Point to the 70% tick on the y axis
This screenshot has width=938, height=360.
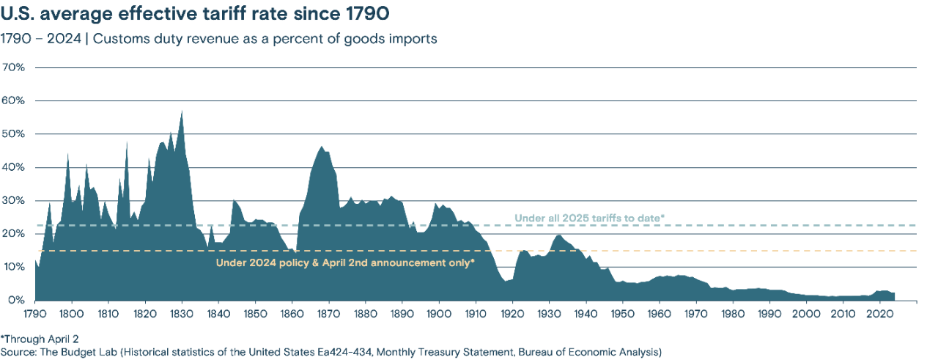click(x=15, y=67)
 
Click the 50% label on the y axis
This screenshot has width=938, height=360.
click(x=15, y=134)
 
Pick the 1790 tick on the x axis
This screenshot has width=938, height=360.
click(x=35, y=314)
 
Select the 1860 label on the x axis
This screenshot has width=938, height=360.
click(x=292, y=314)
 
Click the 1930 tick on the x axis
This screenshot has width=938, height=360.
click(x=549, y=314)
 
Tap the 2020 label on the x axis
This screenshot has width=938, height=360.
click(x=879, y=314)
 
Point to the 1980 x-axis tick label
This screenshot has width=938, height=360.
click(x=733, y=314)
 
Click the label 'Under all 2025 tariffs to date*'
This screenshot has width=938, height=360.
click(x=589, y=218)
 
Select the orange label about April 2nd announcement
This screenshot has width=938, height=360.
click(x=345, y=262)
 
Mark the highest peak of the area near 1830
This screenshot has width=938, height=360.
click(x=182, y=111)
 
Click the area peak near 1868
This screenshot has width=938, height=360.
click(x=321, y=147)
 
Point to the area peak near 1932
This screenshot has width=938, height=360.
click(x=558, y=235)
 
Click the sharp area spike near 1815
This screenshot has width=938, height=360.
click(x=127, y=143)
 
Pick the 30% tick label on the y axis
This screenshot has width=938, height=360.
click(x=15, y=201)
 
